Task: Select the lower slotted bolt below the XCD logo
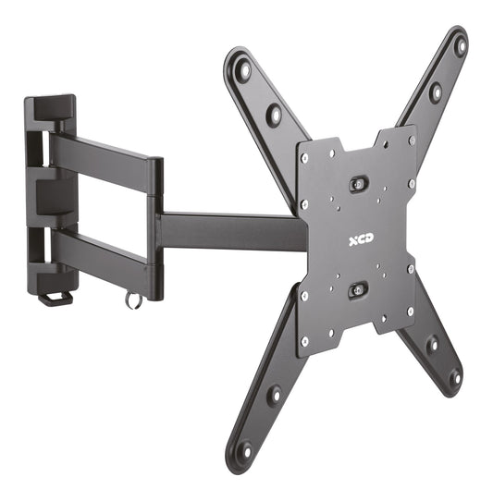[x=358, y=290]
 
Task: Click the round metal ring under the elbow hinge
[x=134, y=300]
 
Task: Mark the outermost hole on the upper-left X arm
[x=243, y=69]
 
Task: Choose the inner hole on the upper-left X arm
[x=273, y=115]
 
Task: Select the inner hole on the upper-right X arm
[x=434, y=92]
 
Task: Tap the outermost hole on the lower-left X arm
[x=244, y=451]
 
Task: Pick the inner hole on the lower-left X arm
[x=274, y=394]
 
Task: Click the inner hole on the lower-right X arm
[x=431, y=344]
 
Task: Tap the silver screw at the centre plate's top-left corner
[x=304, y=158]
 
